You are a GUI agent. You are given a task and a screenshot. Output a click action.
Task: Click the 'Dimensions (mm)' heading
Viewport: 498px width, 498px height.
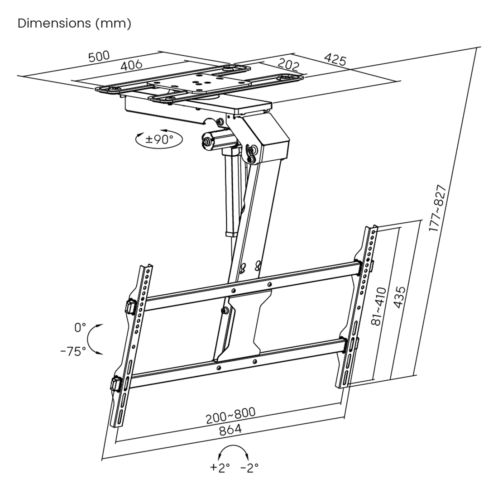[x=74, y=24]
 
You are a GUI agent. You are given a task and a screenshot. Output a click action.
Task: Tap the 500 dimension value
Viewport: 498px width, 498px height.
[x=99, y=57]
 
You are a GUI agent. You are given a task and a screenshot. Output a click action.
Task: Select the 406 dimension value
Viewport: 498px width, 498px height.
[x=131, y=65]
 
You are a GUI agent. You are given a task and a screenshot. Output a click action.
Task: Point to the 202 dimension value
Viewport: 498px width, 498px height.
[x=288, y=64]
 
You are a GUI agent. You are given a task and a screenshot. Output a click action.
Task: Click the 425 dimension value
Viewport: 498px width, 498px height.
[x=335, y=59]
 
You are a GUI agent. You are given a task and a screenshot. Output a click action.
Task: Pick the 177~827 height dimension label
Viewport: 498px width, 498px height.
[x=438, y=208]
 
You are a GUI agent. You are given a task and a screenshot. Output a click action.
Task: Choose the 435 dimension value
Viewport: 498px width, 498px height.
[x=400, y=297]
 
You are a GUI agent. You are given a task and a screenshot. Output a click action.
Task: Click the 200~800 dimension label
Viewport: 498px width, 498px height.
[x=231, y=416]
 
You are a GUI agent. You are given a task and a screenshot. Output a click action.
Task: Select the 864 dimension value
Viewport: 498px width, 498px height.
[x=230, y=430]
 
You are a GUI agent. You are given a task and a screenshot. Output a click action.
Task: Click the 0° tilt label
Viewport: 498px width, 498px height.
[x=80, y=327]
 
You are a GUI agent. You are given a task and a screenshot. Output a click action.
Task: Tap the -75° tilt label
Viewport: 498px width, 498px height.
[x=73, y=351]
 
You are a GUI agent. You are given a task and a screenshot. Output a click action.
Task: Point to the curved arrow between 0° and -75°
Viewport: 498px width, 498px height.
[x=89, y=339]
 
